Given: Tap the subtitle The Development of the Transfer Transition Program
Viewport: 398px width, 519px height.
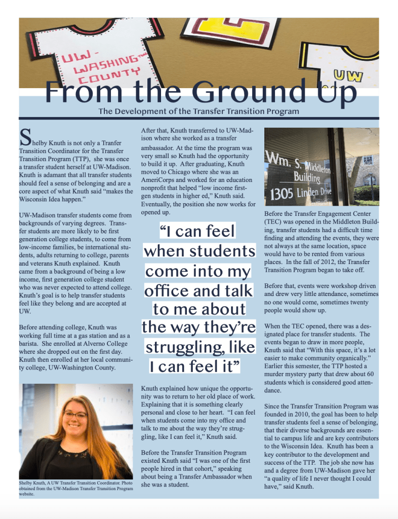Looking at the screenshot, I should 198,111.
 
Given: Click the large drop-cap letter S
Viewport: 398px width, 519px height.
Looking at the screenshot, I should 24,135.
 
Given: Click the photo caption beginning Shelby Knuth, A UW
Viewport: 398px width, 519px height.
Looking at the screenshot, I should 75,489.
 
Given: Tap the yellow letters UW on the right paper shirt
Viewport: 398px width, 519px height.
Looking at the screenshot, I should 348,76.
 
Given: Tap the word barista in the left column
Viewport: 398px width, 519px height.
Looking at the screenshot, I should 30,343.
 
